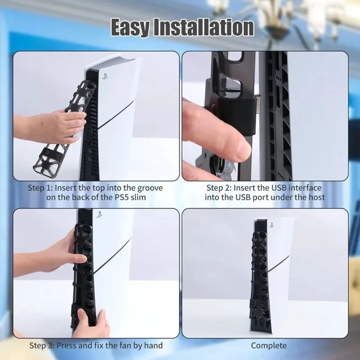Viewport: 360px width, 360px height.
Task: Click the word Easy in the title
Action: click(130, 27)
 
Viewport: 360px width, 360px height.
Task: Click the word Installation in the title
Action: click(204, 27)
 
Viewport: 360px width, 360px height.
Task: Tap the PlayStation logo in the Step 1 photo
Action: click(105, 76)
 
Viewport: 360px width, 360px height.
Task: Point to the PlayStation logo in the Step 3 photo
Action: click(99, 215)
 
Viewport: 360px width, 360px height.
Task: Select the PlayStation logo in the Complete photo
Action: click(272, 225)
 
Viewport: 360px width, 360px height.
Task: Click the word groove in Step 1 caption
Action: click(150, 188)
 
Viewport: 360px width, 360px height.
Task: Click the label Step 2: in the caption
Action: click(219, 188)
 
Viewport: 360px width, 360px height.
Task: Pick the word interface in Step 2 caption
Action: click(305, 188)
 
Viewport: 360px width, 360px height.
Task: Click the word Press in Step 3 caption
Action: click(67, 346)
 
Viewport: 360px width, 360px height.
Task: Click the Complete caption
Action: click(269, 346)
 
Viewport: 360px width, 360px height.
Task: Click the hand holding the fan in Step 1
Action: click(53, 126)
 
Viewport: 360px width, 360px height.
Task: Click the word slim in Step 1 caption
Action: click(138, 197)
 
